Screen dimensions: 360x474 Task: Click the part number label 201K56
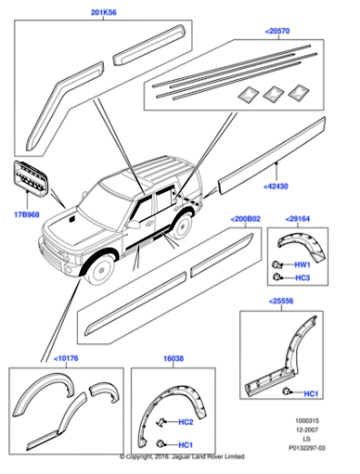click(104, 13)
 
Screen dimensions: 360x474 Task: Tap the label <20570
click(277, 31)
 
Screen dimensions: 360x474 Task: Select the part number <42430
click(275, 187)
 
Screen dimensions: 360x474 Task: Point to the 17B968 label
click(26, 215)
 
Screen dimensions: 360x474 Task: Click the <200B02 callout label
click(245, 219)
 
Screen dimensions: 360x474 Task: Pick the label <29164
click(297, 219)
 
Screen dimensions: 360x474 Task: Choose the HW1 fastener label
click(303, 265)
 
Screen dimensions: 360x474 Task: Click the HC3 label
click(303, 277)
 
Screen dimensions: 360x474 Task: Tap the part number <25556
click(281, 301)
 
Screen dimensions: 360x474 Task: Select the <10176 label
click(66, 358)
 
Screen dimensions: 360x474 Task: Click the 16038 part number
click(174, 358)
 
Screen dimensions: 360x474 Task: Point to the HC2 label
click(185, 422)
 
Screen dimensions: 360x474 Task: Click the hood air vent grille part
click(30, 176)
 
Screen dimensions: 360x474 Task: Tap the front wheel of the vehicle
click(102, 269)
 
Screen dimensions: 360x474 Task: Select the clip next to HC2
click(161, 421)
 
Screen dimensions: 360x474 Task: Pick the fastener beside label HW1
click(276, 265)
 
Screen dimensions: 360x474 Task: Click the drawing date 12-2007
click(307, 429)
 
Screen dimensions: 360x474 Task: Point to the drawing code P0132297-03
click(306, 448)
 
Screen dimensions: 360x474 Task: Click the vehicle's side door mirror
click(133, 225)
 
